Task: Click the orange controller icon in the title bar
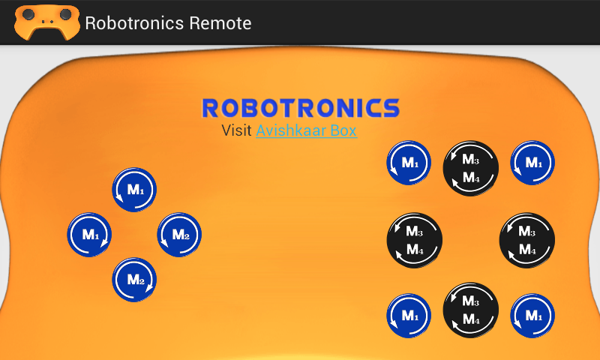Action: click(46, 22)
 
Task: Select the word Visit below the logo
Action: click(237, 130)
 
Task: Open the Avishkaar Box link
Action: click(306, 130)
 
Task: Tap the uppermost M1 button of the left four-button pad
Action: click(135, 190)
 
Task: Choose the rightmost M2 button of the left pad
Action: click(180, 235)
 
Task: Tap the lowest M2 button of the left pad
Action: click(135, 280)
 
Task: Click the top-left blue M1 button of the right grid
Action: click(409, 163)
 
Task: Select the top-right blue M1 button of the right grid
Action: click(532, 163)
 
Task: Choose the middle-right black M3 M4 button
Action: click(527, 241)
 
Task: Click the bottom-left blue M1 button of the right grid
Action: click(409, 316)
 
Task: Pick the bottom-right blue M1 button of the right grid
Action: click(532, 316)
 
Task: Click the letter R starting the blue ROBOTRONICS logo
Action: click(212, 108)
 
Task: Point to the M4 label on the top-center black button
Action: click(471, 178)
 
